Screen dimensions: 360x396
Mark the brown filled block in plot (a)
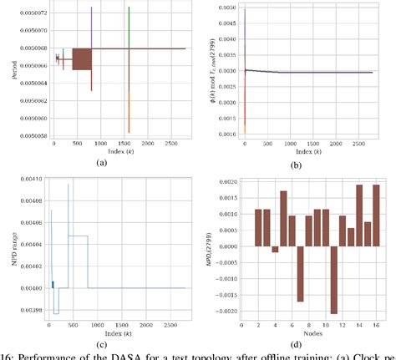pos(81,58)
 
